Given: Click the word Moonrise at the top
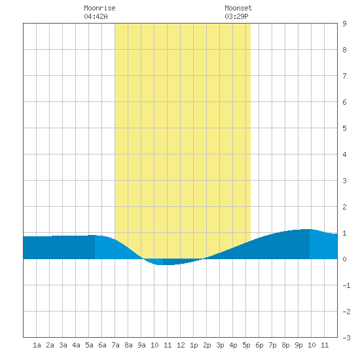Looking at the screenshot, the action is click(x=99, y=8).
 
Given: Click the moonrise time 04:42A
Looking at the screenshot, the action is click(x=96, y=16).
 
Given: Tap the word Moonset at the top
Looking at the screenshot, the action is click(x=238, y=8).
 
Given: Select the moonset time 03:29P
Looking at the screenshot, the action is click(x=236, y=16).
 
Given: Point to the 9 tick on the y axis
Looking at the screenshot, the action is click(x=344, y=24).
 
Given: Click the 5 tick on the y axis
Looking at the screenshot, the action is click(x=344, y=128).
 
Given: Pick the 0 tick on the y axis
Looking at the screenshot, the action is click(x=344, y=259).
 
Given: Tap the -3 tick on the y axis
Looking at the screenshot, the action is click(x=346, y=338).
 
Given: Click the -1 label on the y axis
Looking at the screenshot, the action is click(x=346, y=285).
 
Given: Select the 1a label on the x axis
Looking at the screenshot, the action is click(x=37, y=345).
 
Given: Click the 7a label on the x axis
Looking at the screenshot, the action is click(x=115, y=345).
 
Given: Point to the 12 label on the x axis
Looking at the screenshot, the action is click(x=181, y=345).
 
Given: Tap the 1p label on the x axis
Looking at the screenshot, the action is click(x=194, y=345).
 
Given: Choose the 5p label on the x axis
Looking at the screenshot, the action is click(x=246, y=345).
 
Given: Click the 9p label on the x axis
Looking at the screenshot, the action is click(x=298, y=345).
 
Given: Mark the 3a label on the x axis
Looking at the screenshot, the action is click(x=63, y=345).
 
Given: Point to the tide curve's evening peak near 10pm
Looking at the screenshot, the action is click(x=306, y=229).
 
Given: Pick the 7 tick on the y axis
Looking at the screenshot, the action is click(x=344, y=76).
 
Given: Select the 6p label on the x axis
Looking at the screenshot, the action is click(x=259, y=345).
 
